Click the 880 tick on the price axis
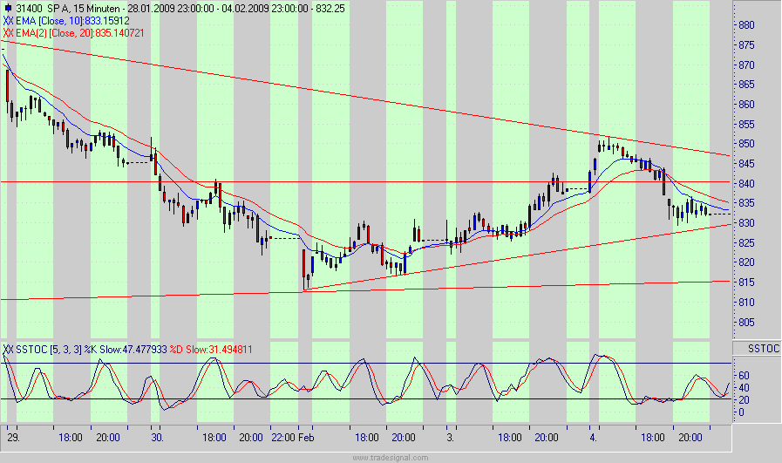(745, 25)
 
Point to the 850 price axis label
(745, 145)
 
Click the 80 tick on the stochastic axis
(742, 364)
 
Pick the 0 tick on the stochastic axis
(739, 412)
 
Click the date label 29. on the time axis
(13, 437)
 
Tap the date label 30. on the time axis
(157, 437)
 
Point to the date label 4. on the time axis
(592, 437)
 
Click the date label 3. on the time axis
(449, 437)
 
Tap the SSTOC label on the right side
(756, 349)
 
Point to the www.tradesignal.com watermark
(391, 457)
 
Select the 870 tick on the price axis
(745, 65)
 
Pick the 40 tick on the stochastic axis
(742, 388)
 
